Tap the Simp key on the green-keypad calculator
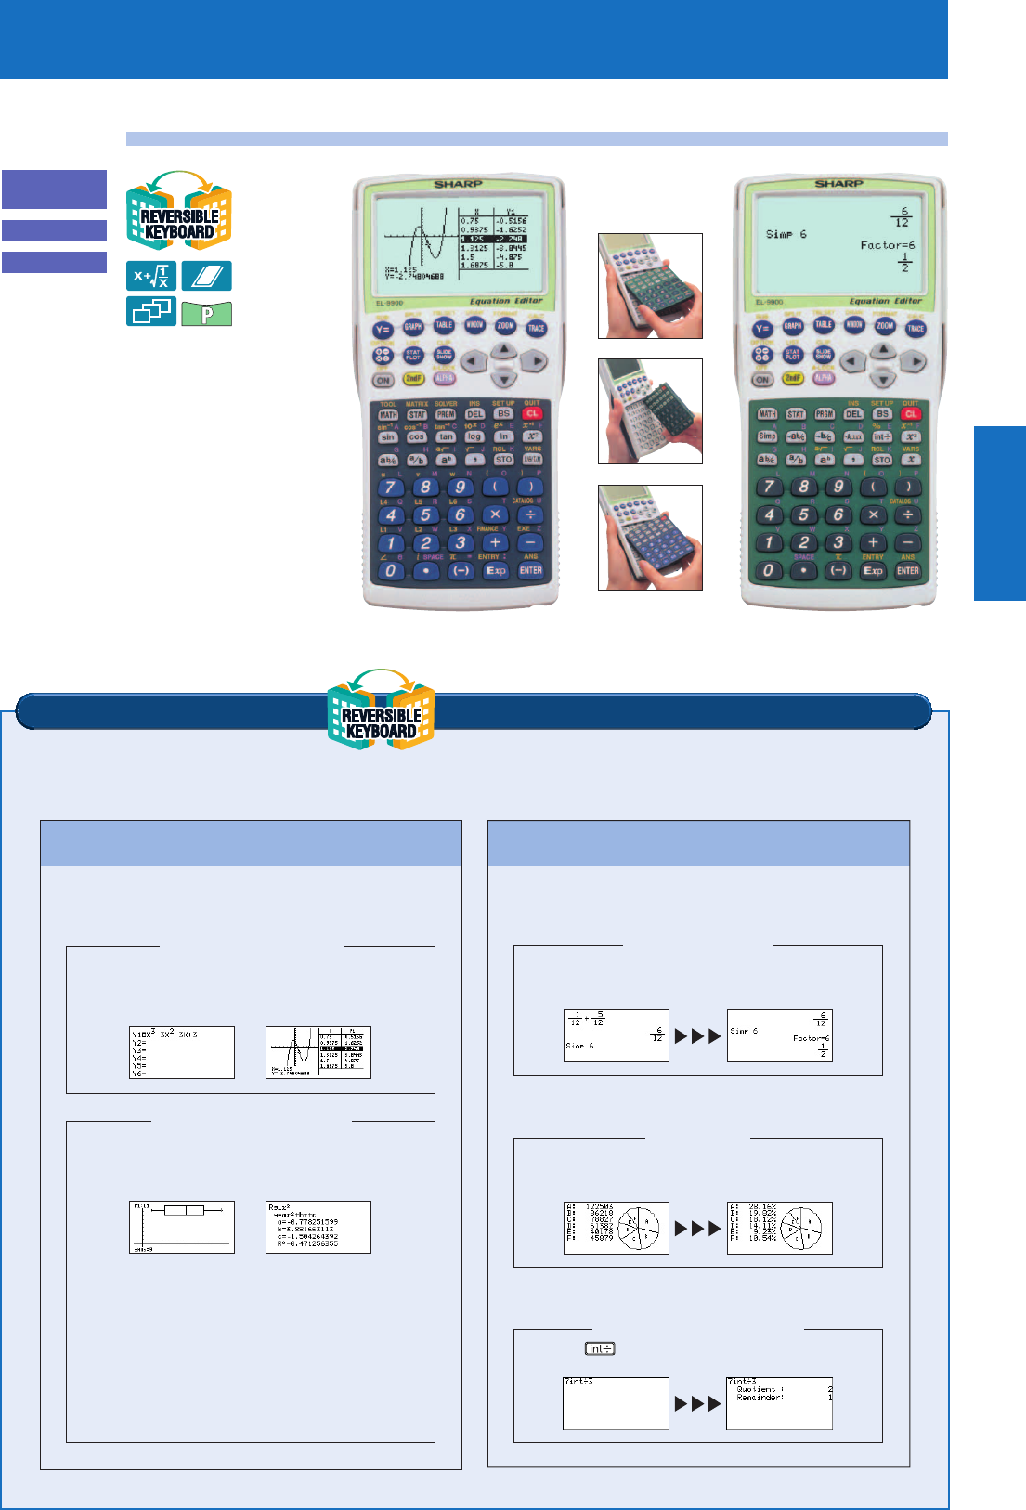pos(767,436)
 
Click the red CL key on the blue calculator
pos(531,414)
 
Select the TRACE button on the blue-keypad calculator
pos(536,328)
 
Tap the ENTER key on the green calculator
pos(907,571)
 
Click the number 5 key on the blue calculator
pos(425,515)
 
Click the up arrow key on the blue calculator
pos(503,349)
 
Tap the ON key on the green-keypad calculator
pos(762,380)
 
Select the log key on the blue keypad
pos(474,436)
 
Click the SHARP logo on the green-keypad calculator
pos(838,184)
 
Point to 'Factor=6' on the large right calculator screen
pos(887,245)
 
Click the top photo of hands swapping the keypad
pos(650,286)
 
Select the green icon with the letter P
pos(207,314)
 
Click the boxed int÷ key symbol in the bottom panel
pos(600,1348)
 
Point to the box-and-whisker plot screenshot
pos(182,1227)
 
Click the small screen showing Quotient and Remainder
pos(779,1403)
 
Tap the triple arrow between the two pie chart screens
pos(697,1229)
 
